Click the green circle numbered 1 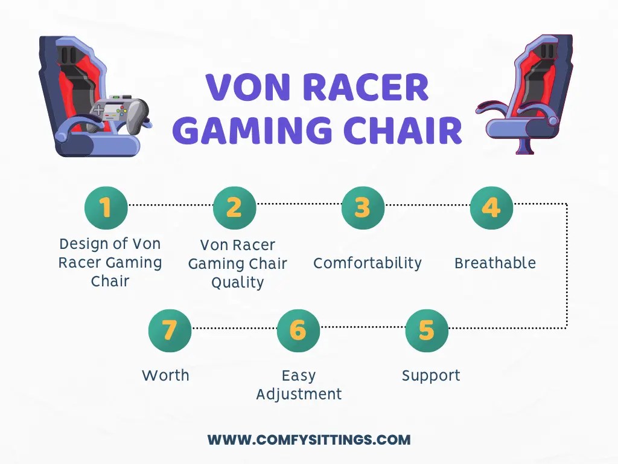tap(106, 208)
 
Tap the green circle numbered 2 tap(234, 208)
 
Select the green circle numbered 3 tap(362, 208)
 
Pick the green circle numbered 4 tap(491, 208)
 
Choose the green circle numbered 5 tap(426, 330)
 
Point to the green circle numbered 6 tap(298, 330)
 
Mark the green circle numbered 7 tap(170, 330)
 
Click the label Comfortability tap(367, 263)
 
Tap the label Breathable tap(495, 263)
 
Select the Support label tap(431, 375)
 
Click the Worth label tap(165, 375)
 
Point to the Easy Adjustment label tap(299, 385)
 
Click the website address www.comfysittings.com tap(309, 440)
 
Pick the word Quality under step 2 tap(237, 282)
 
